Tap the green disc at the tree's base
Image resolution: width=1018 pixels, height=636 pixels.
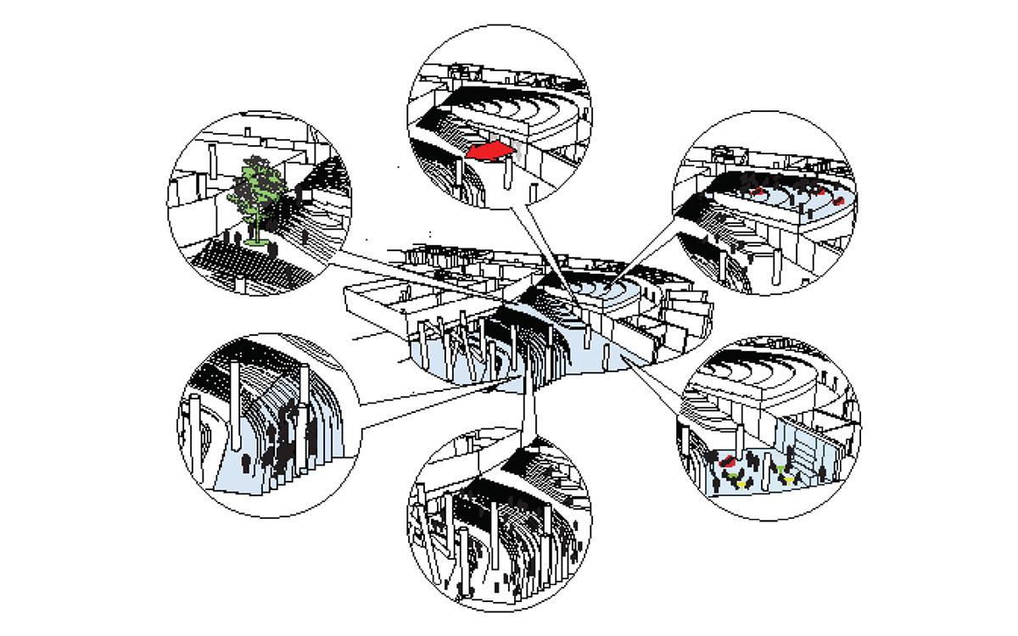[255, 243]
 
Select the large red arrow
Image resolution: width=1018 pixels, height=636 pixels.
[489, 151]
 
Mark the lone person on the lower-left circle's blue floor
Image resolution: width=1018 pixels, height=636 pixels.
[247, 465]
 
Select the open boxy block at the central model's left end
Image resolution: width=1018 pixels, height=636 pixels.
[373, 305]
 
